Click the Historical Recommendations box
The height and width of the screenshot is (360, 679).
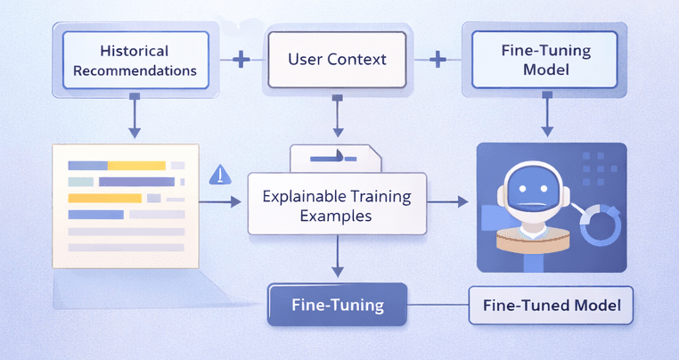pyautogui.click(x=134, y=60)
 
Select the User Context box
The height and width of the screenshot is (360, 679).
pyautogui.click(x=338, y=60)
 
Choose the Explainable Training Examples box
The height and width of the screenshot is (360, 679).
pyautogui.click(x=337, y=204)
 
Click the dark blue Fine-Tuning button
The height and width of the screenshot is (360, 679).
pyautogui.click(x=338, y=305)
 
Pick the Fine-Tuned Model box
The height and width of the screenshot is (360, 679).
pyautogui.click(x=551, y=305)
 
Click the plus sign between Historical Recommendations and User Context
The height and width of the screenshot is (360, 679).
pyautogui.click(x=239, y=60)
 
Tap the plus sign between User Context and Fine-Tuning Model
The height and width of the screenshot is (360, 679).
pyautogui.click(x=438, y=60)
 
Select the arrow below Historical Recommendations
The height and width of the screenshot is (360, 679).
pyautogui.click(x=134, y=116)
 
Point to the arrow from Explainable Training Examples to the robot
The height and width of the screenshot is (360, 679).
pyautogui.click(x=449, y=203)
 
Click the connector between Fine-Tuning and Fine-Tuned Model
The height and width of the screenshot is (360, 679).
pyautogui.click(x=438, y=305)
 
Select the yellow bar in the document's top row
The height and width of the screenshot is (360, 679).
pyautogui.click(x=137, y=165)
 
